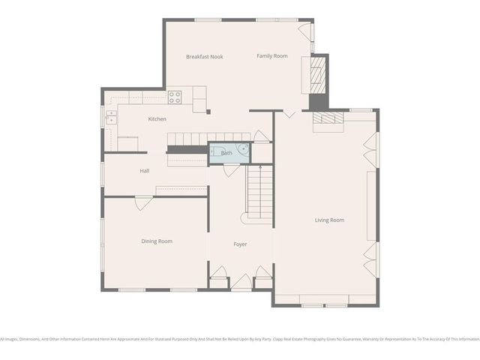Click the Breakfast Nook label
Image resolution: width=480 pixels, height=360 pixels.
click(205, 57)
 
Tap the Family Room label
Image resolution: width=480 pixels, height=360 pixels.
click(272, 56)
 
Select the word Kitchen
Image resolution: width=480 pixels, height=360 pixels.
click(157, 119)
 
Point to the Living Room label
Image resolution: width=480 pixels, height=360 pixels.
click(329, 220)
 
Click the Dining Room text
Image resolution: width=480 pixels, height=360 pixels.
click(157, 241)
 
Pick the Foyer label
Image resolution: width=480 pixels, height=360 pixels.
click(240, 244)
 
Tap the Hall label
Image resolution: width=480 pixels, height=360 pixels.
click(145, 171)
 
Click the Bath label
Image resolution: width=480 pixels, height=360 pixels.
click(226, 153)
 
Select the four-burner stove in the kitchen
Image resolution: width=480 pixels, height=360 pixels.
click(175, 96)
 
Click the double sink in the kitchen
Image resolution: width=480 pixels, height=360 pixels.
click(110, 116)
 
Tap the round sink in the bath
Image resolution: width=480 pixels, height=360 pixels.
click(244, 148)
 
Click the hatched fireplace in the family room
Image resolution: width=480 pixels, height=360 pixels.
click(319, 73)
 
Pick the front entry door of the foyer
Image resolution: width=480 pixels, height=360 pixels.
click(241, 282)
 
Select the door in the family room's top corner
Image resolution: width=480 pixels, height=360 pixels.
click(306, 31)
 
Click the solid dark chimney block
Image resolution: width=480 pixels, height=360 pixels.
click(319, 102)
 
